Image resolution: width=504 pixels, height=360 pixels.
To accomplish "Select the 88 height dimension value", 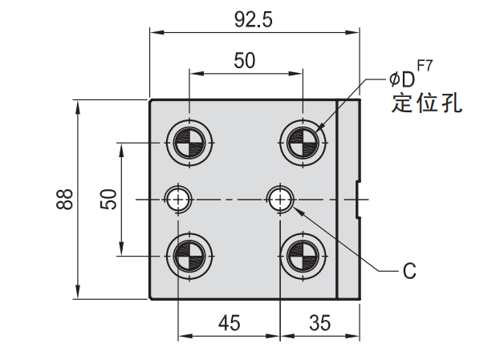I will (x=65, y=199).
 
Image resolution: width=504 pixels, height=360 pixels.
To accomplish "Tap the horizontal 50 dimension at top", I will (x=245, y=60).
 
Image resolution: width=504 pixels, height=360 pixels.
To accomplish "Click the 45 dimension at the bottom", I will (x=229, y=323).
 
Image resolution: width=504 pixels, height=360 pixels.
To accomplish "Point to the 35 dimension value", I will (x=319, y=323).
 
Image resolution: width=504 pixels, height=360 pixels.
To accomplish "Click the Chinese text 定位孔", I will (x=426, y=104).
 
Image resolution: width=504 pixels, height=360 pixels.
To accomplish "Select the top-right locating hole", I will (x=303, y=143).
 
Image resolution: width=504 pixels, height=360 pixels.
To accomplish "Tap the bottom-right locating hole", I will (x=303, y=257).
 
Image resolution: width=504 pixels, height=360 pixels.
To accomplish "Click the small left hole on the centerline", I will (x=177, y=197).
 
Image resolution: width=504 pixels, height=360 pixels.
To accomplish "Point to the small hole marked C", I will (x=279, y=197).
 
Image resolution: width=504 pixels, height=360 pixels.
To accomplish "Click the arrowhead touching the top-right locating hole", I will (x=316, y=130).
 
